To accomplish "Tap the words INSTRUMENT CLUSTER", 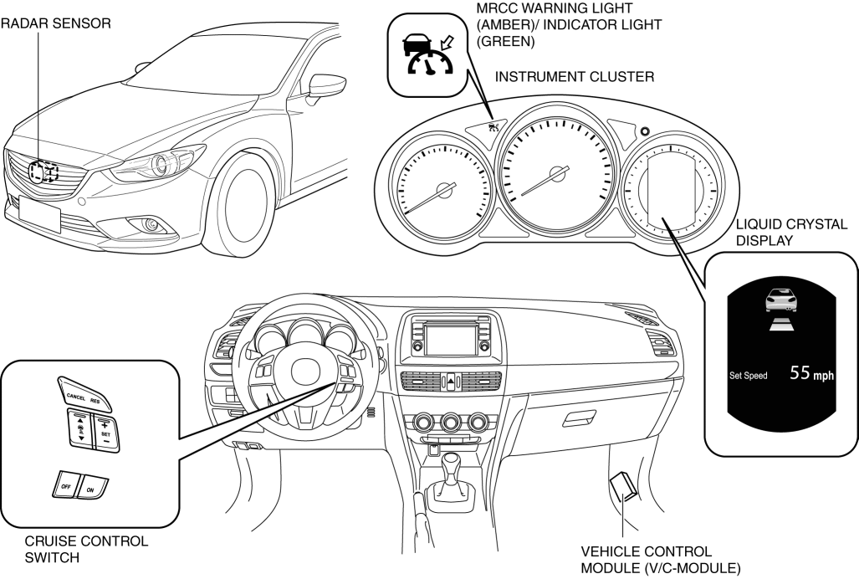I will tap(575, 77).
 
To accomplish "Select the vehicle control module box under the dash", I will tap(622, 487).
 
